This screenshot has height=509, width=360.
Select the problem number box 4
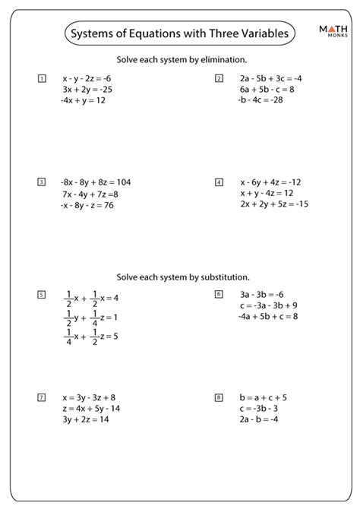pos(219,182)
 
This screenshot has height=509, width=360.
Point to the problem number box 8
pos(219,397)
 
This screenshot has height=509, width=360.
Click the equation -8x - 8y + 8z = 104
pos(96,182)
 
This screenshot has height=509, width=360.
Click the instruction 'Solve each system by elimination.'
pos(179,59)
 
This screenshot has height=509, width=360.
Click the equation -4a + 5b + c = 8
pos(267,316)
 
